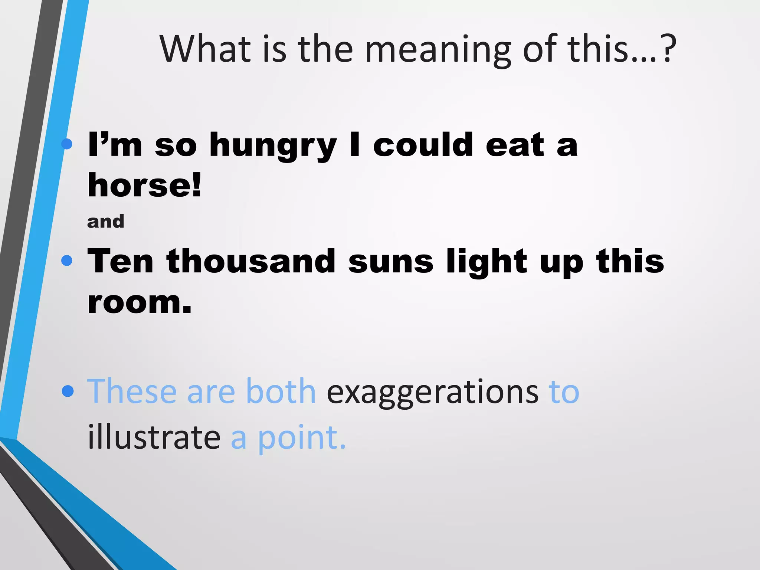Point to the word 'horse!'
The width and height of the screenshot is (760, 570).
tap(144, 185)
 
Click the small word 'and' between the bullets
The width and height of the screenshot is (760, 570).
tap(105, 222)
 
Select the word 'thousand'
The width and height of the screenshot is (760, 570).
tap(251, 262)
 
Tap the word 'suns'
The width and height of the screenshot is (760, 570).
tap(390, 262)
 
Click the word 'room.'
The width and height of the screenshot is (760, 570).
tap(140, 302)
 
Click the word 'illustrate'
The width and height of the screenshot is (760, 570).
tap(154, 437)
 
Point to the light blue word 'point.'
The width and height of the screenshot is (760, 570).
tap(302, 438)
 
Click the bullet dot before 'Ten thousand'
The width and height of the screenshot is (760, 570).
tap(67, 261)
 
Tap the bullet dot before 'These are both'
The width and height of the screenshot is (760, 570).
tap(68, 391)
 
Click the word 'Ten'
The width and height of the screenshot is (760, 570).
tap(120, 262)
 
